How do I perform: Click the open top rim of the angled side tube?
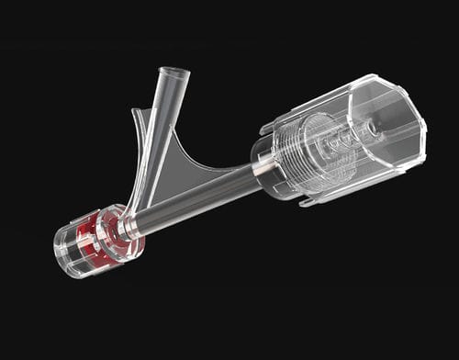(x=173, y=73)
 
